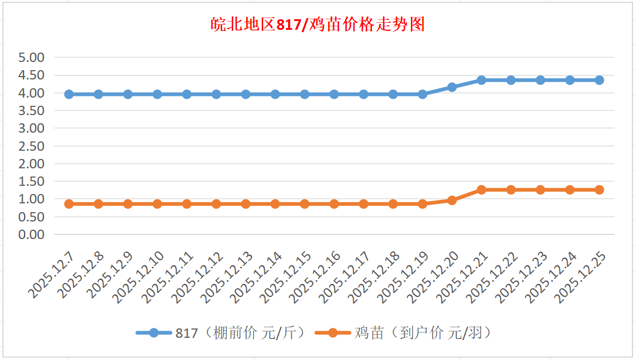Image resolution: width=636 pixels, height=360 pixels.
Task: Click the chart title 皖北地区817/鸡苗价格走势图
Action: point(317,25)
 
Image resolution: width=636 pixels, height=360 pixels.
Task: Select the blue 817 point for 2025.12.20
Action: point(452,87)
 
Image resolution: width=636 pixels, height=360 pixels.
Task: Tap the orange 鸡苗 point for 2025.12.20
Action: point(452,200)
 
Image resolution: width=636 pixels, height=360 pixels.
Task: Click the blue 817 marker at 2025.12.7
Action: point(69,94)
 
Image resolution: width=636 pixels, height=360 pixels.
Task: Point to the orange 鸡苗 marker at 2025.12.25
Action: point(599,190)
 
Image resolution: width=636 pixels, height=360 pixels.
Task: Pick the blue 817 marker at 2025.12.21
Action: point(482,80)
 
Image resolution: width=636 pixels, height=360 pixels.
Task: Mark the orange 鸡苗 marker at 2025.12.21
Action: point(482,190)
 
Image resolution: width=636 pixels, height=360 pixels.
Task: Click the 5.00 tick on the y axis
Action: point(32,58)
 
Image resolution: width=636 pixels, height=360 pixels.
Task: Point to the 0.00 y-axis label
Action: point(32,234)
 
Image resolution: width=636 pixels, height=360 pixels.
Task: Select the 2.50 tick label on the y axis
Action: point(32,146)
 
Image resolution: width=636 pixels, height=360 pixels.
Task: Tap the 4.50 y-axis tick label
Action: point(32,75)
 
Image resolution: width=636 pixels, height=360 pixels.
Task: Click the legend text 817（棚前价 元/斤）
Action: point(240,333)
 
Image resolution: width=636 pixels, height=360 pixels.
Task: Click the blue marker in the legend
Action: point(154,333)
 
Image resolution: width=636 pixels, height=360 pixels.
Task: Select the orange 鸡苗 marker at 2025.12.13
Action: point(246,204)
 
